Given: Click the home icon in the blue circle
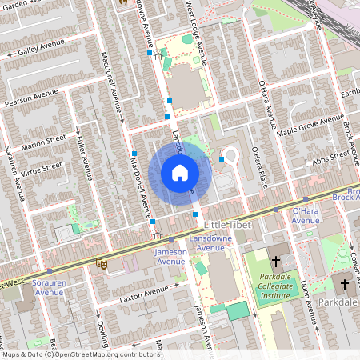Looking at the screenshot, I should (179, 173).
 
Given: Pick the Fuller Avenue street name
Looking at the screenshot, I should (84, 162).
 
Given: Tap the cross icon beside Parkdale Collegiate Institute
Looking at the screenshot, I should (275, 261).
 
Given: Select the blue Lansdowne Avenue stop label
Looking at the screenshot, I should (210, 243).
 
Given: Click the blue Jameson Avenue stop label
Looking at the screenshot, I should (170, 257).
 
